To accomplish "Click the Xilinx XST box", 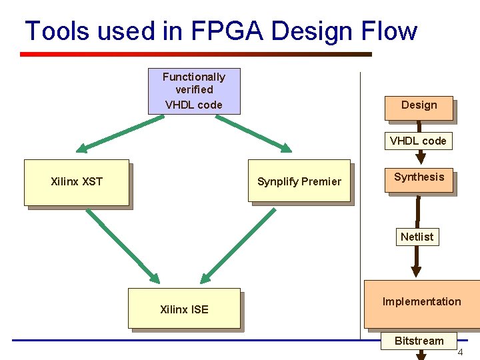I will [x=77, y=182].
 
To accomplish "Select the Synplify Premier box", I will [x=299, y=181].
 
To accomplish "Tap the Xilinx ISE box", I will [x=184, y=308].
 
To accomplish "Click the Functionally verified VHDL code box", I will [x=194, y=91].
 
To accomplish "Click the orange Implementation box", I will [x=421, y=304].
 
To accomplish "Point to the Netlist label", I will [x=417, y=237].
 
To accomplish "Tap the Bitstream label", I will [x=419, y=341].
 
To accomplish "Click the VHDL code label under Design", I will [x=418, y=141].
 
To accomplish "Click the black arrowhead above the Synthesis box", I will [x=419, y=158].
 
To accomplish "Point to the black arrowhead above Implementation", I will [x=416, y=270].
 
